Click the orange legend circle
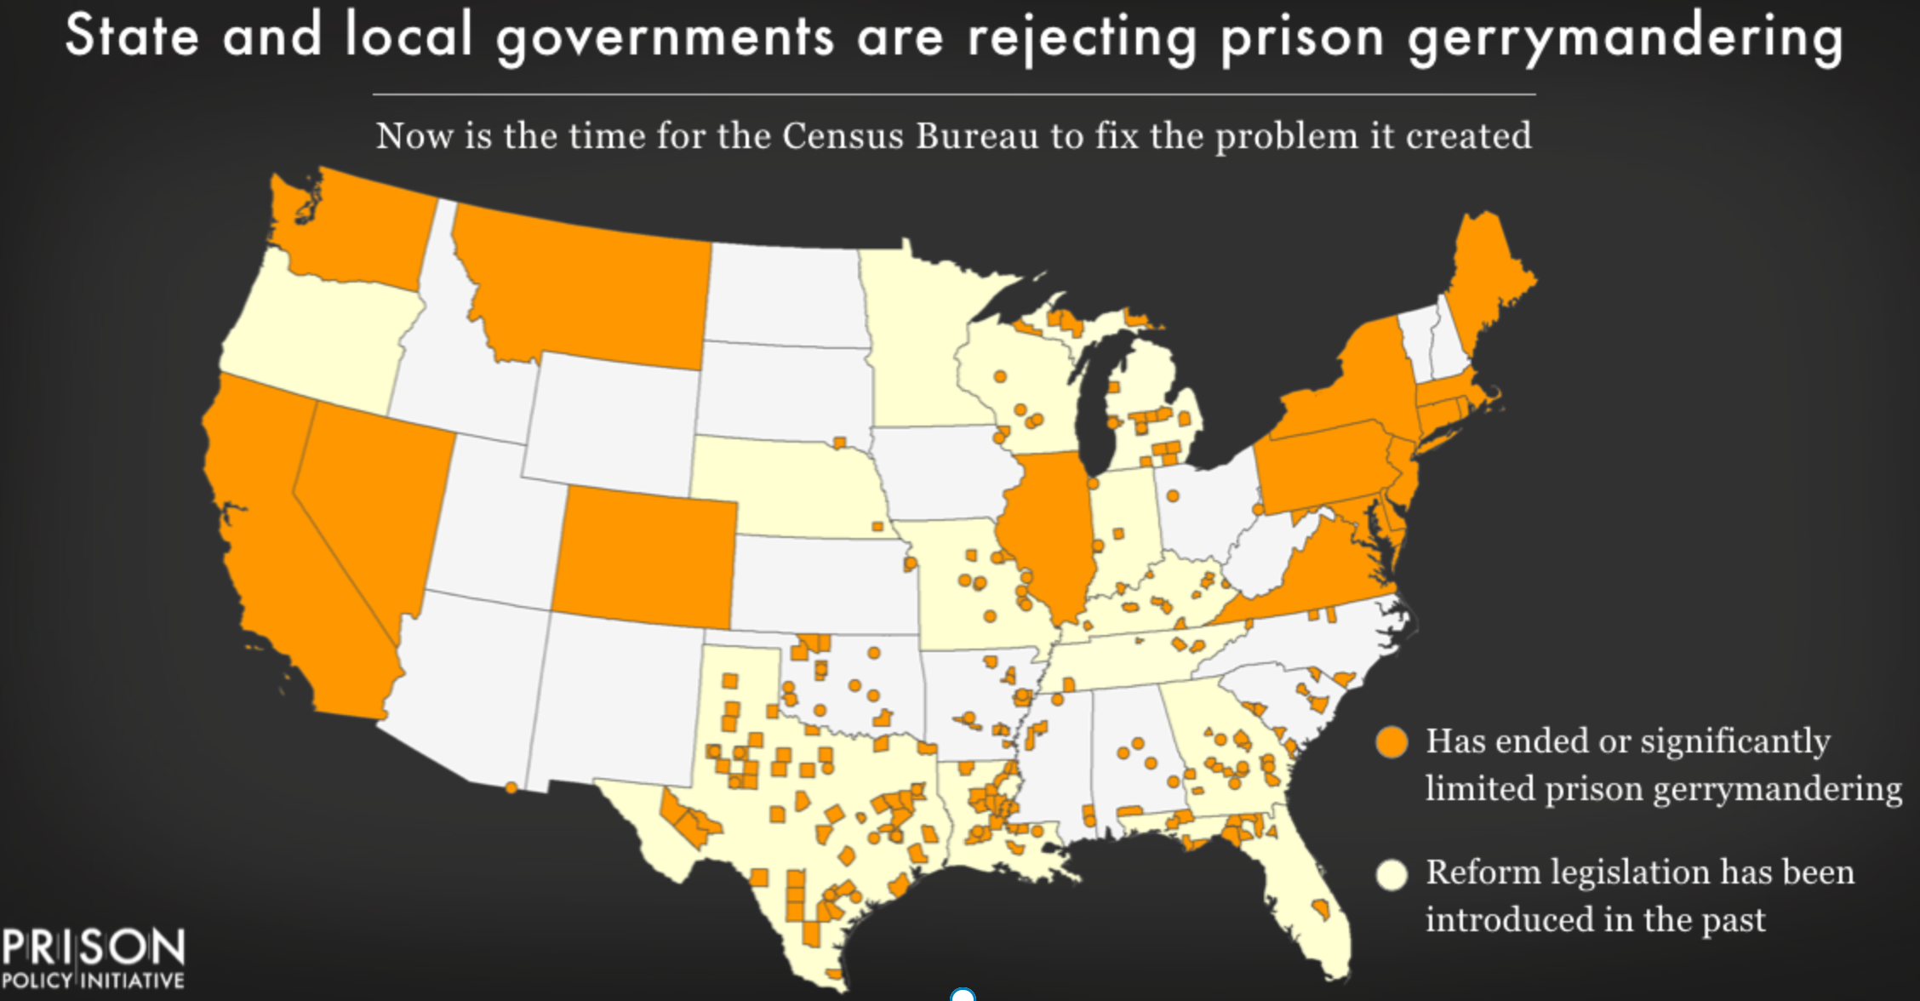point(1392,742)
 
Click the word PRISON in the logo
point(92,947)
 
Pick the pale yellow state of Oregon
point(319,332)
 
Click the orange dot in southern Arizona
point(511,788)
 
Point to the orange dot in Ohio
point(1173,495)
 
